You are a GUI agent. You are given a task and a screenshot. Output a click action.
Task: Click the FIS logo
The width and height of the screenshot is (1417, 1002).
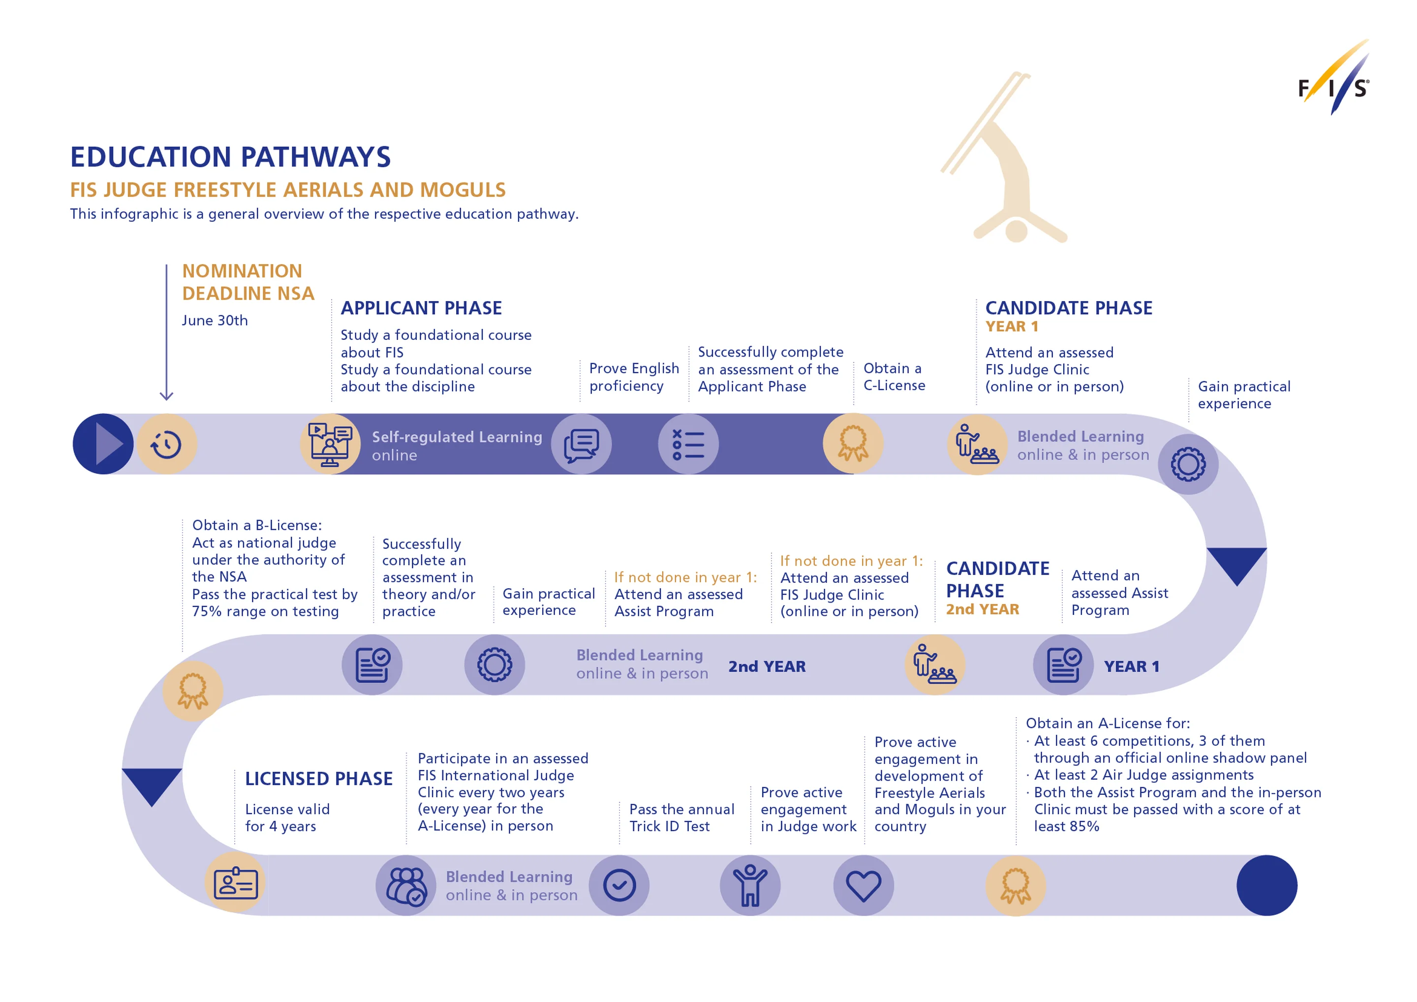click(x=1333, y=80)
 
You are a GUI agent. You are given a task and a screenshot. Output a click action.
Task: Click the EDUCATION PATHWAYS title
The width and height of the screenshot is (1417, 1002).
click(x=230, y=157)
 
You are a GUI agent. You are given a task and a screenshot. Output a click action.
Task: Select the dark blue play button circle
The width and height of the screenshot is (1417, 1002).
click(x=103, y=444)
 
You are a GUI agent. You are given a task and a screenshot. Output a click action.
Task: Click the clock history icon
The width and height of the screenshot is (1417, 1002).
click(x=167, y=444)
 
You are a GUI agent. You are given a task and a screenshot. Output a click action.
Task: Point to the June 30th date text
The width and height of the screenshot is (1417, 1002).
click(x=215, y=320)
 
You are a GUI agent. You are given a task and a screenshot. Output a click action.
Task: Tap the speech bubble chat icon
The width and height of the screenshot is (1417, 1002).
click(x=582, y=444)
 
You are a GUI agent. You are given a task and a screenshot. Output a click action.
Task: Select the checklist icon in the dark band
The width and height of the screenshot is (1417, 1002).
click(x=688, y=444)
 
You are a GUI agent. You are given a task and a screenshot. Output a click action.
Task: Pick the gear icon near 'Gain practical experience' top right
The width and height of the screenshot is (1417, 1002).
click(x=1188, y=464)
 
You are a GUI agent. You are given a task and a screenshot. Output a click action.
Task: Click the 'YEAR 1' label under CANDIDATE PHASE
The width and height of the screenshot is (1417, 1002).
click(x=1012, y=327)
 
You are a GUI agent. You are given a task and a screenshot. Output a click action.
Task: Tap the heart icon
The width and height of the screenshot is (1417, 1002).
click(x=863, y=885)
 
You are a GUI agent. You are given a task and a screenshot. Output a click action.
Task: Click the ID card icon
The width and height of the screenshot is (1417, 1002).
click(x=235, y=883)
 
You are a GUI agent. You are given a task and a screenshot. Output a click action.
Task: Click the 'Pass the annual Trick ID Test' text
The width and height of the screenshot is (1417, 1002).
click(x=681, y=818)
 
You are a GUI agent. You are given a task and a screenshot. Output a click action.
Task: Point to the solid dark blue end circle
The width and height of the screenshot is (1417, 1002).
click(x=1266, y=885)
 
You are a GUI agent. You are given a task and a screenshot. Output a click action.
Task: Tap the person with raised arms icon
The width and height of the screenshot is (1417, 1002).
click(x=750, y=885)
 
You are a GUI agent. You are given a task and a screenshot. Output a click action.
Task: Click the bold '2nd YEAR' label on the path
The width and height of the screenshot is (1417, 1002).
click(x=767, y=667)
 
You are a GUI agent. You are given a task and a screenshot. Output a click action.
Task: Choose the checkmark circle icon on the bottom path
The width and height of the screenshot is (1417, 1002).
click(x=619, y=885)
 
